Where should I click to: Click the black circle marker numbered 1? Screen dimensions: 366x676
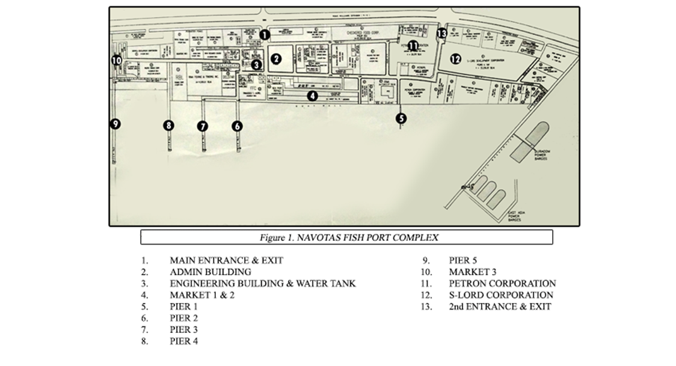[x=264, y=35]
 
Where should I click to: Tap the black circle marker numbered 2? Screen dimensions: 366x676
[x=276, y=58]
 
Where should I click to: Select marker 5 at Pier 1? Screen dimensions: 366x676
[x=401, y=118]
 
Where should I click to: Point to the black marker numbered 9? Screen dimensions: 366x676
[x=115, y=124]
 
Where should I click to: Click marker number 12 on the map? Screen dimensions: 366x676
[x=455, y=58]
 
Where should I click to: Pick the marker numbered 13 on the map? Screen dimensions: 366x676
[x=442, y=33]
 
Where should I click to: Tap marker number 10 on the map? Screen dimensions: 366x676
[x=117, y=60]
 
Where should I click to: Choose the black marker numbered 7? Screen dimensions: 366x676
[x=203, y=126]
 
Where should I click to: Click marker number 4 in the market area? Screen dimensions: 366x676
[x=312, y=95]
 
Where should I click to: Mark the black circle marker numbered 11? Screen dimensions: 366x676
[x=413, y=45]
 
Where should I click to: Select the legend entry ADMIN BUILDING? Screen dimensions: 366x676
[x=210, y=272]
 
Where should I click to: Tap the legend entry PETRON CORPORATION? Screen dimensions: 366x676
[x=502, y=283]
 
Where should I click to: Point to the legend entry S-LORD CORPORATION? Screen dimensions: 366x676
[x=501, y=295]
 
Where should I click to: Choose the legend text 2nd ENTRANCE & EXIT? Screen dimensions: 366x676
[x=500, y=307]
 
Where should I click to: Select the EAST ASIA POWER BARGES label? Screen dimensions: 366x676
[x=515, y=216]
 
